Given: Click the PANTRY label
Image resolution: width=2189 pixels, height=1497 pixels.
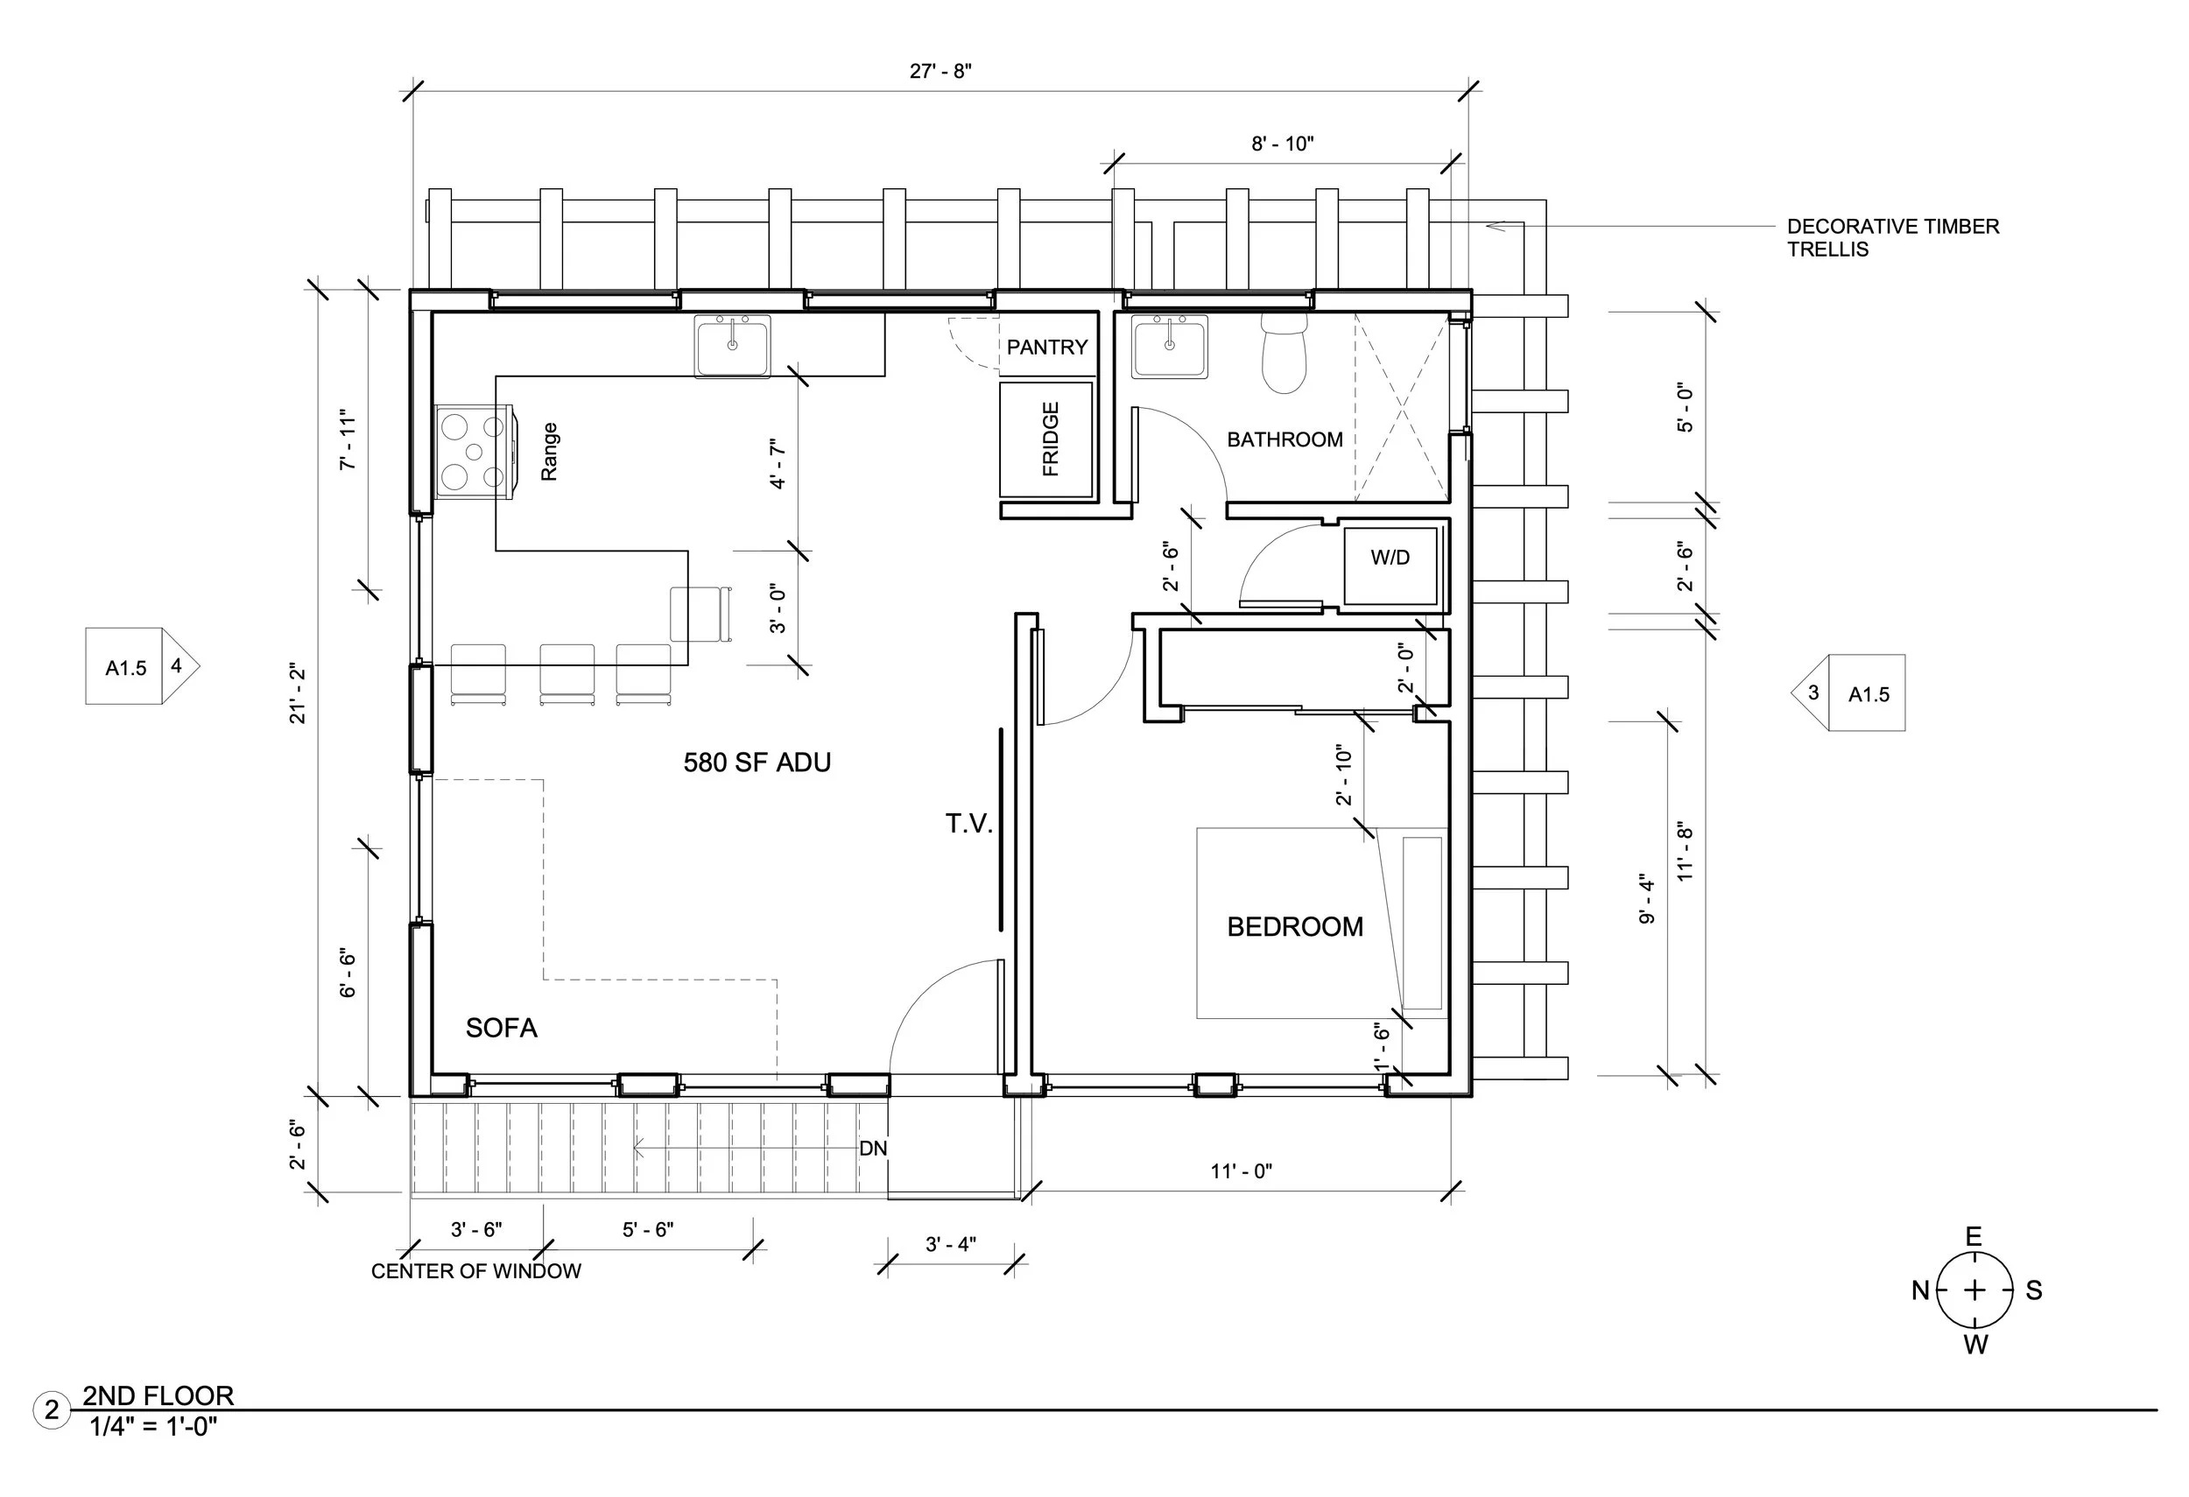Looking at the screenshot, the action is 1046,348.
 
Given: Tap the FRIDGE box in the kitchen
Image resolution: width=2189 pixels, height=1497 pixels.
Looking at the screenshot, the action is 1046,439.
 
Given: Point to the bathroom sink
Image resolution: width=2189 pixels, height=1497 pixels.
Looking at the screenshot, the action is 1169,347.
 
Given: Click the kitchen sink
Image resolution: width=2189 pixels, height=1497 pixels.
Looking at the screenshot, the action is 732,347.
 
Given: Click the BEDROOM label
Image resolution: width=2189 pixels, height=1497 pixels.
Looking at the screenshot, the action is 1294,927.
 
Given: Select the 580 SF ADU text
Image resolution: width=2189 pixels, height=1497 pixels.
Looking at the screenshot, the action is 757,763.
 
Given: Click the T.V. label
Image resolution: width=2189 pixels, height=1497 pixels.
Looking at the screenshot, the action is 969,825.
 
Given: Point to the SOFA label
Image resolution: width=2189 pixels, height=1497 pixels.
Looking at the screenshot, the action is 501,1028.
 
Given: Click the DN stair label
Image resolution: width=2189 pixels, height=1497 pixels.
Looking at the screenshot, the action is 872,1149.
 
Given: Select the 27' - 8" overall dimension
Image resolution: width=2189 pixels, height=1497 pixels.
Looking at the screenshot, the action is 940,72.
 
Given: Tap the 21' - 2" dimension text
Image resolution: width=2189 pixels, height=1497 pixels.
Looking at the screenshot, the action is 298,694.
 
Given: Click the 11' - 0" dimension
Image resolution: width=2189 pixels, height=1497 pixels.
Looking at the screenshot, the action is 1241,1171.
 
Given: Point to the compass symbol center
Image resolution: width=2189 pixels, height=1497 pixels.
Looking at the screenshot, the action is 1974,1290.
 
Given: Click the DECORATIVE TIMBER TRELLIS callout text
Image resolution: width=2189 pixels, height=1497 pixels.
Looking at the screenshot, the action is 1891,238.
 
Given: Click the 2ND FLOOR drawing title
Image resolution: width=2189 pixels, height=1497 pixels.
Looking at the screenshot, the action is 158,1395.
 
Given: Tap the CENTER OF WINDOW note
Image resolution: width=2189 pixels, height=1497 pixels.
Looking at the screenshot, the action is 475,1271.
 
